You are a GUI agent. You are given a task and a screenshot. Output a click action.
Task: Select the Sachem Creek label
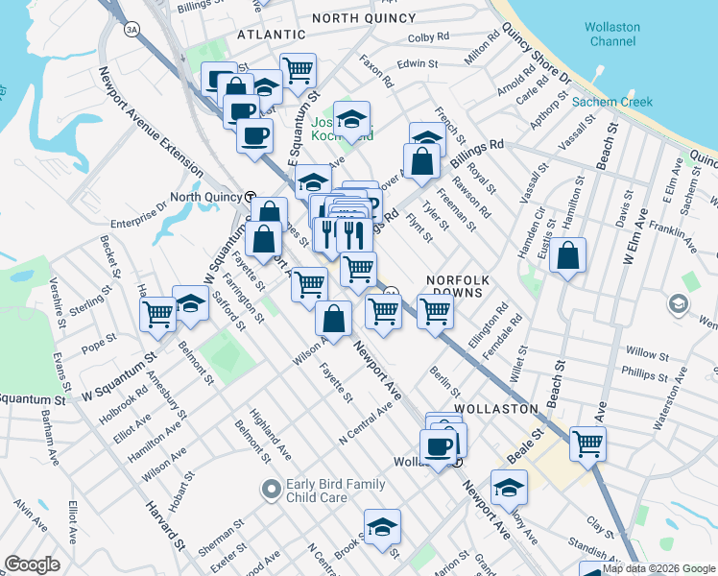point(612,102)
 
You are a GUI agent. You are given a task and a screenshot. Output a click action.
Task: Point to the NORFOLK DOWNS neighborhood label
point(459,287)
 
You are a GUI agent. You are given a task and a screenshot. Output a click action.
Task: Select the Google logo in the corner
point(33,564)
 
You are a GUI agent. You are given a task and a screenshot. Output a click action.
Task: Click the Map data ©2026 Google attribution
point(658,568)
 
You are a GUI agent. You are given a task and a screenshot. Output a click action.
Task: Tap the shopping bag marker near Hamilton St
point(568,256)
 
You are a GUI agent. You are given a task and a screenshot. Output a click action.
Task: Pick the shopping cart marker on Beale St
point(587,444)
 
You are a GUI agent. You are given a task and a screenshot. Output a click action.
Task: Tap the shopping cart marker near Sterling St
point(157,313)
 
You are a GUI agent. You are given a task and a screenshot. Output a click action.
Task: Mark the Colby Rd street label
point(428,37)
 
